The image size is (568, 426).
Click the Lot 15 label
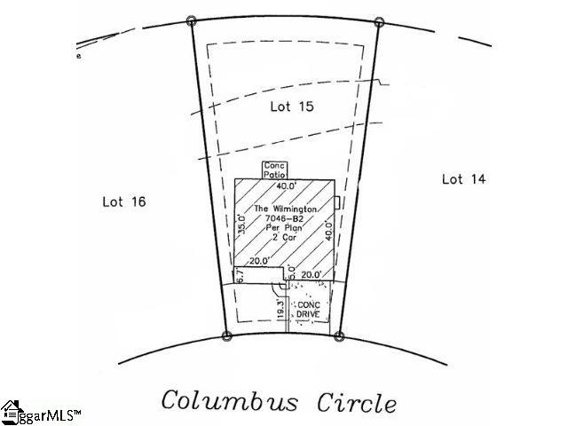point(292,106)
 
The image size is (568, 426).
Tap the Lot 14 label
point(463,179)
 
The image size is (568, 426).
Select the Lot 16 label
point(124,201)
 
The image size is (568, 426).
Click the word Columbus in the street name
point(230,400)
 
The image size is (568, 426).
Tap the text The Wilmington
point(283,209)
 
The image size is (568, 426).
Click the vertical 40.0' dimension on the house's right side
point(328,233)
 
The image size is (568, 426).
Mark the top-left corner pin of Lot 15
point(192,20)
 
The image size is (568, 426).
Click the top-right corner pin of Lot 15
point(379,21)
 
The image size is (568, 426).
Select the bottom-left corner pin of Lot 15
point(226,335)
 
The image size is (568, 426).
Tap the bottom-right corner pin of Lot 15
point(338,336)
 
